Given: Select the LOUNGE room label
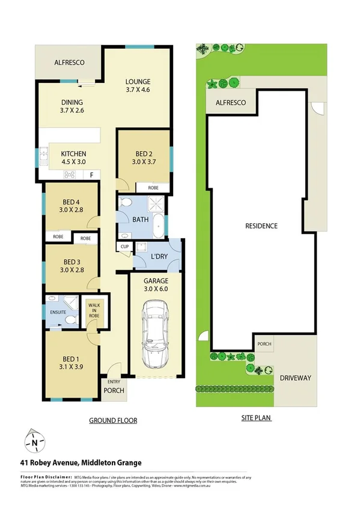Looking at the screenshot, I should [x=138, y=82].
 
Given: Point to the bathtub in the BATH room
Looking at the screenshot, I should [x=157, y=226].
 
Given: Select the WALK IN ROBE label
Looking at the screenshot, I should [x=93, y=312].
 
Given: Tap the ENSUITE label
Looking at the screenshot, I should [x=58, y=312].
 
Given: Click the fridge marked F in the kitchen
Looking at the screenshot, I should [x=91, y=175].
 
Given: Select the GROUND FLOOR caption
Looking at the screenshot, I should [x=112, y=420].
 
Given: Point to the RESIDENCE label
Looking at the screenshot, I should [x=261, y=226].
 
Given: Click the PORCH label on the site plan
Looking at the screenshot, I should [x=264, y=345].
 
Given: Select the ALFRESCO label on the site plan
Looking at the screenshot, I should [x=231, y=103].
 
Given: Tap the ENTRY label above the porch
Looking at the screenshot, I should [x=113, y=382].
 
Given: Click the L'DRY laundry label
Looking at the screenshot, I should [x=159, y=257].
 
